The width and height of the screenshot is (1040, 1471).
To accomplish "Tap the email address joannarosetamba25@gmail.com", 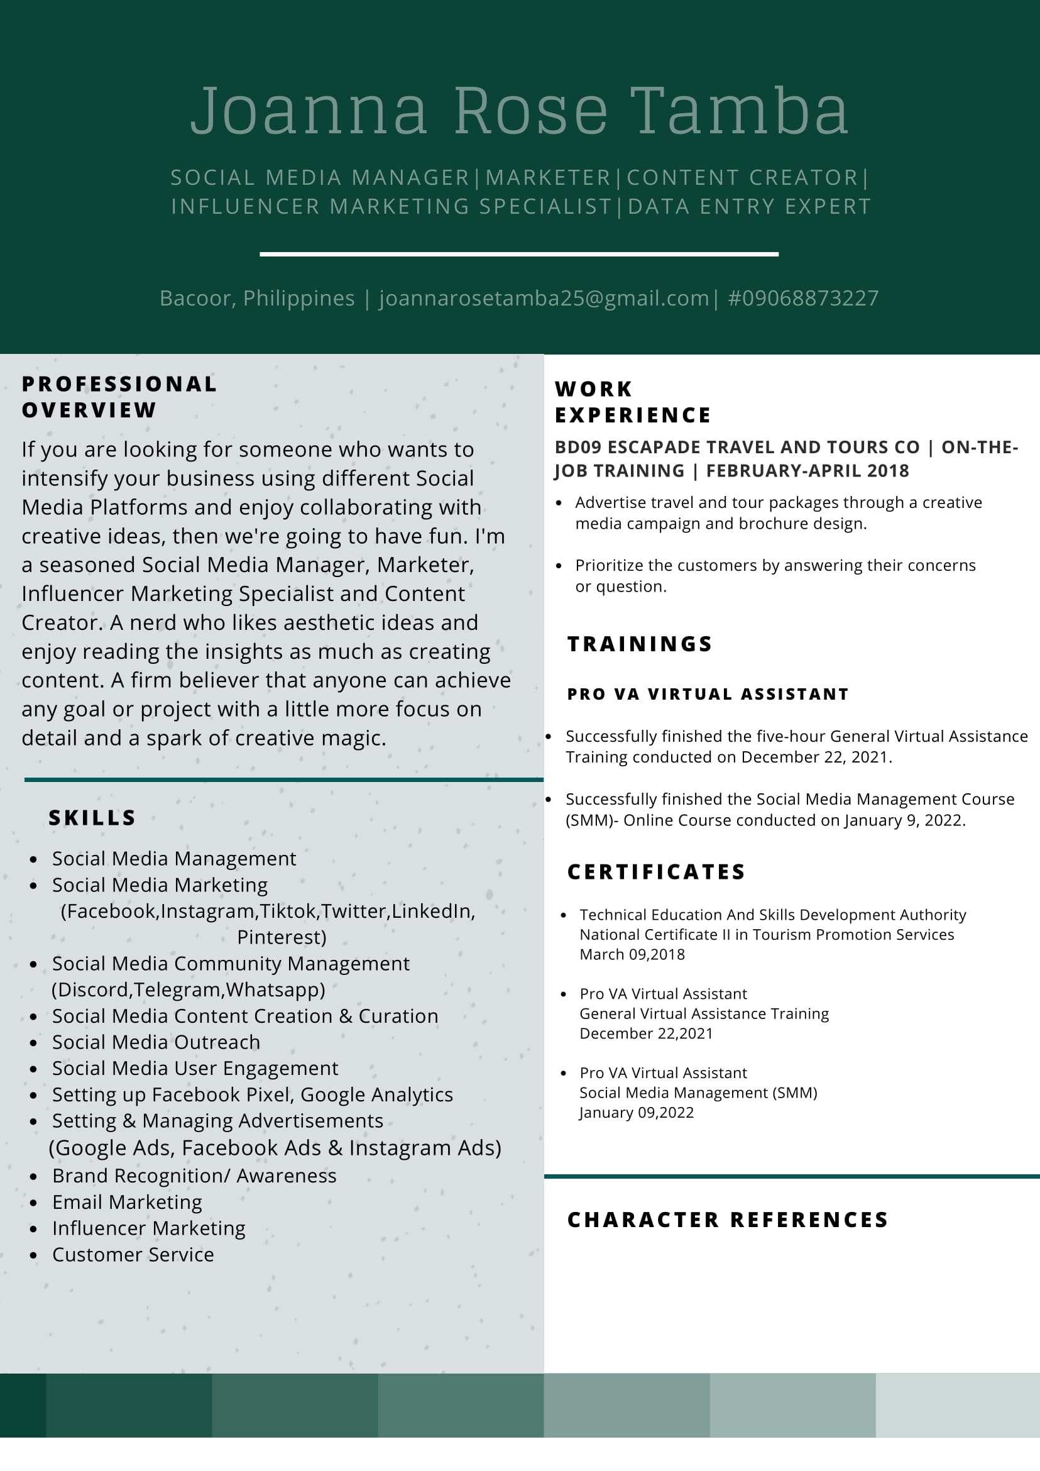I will [x=544, y=299].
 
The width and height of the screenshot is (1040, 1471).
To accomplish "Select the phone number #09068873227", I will [x=803, y=299].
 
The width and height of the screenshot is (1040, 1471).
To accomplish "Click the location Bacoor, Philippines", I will [x=257, y=299].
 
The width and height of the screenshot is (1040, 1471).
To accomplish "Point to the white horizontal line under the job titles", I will [x=518, y=255].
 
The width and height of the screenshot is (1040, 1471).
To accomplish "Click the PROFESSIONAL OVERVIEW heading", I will [x=119, y=397].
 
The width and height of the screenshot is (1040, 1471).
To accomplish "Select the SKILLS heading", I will [x=92, y=818].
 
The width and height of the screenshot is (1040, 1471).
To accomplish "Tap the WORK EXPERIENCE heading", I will [x=632, y=402].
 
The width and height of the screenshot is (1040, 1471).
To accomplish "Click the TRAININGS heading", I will [x=640, y=644].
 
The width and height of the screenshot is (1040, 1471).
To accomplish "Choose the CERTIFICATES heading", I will [x=657, y=872].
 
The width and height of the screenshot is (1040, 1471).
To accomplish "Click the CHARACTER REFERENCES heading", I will [x=728, y=1220].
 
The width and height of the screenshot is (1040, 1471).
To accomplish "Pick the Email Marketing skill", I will [x=127, y=1203].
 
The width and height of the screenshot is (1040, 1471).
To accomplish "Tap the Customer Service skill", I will [x=133, y=1255].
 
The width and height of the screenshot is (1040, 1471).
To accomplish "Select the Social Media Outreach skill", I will [x=156, y=1042].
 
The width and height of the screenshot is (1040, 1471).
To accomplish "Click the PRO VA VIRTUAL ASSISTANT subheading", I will [x=708, y=695].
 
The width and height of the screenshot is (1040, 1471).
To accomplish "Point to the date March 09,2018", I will [x=632, y=955].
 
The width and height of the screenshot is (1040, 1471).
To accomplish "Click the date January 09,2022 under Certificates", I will [x=637, y=1113].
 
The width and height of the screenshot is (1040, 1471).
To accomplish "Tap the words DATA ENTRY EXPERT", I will [x=749, y=207].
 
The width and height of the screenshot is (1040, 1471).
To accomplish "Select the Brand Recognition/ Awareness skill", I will [x=194, y=1176].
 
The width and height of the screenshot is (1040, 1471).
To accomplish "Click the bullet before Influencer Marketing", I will [x=33, y=1230].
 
